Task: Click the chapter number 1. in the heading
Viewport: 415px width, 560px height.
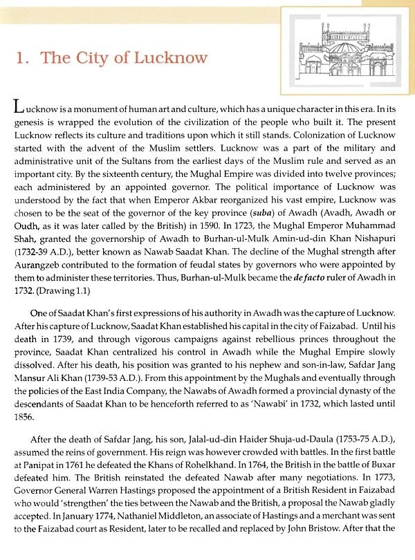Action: (23, 57)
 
